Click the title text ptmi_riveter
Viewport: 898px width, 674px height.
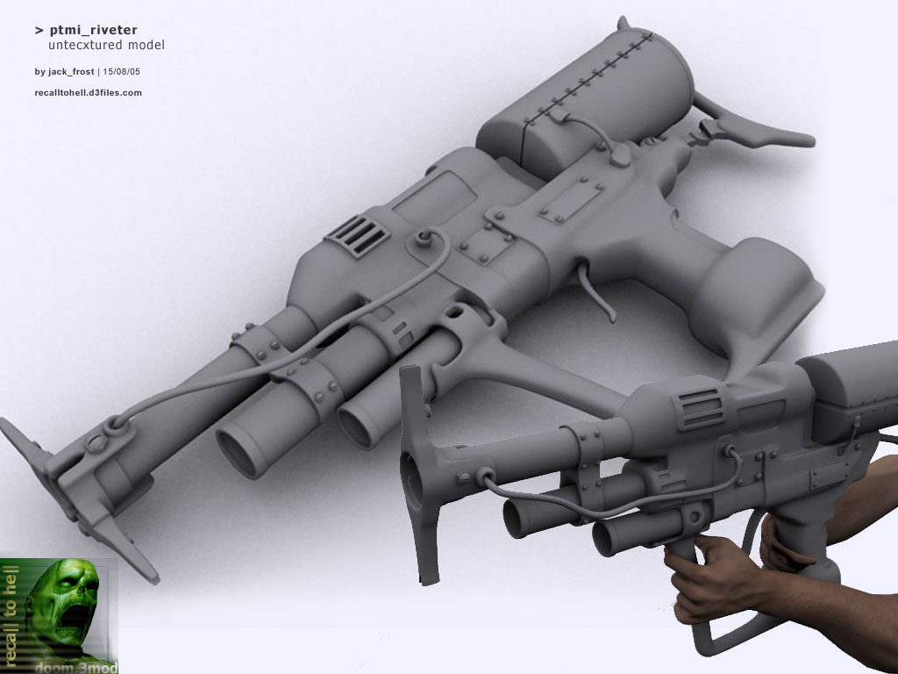93,30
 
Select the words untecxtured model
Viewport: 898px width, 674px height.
106,45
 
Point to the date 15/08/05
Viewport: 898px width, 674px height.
121,72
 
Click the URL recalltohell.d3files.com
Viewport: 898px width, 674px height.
89,92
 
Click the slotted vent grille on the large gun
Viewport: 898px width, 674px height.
356,235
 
